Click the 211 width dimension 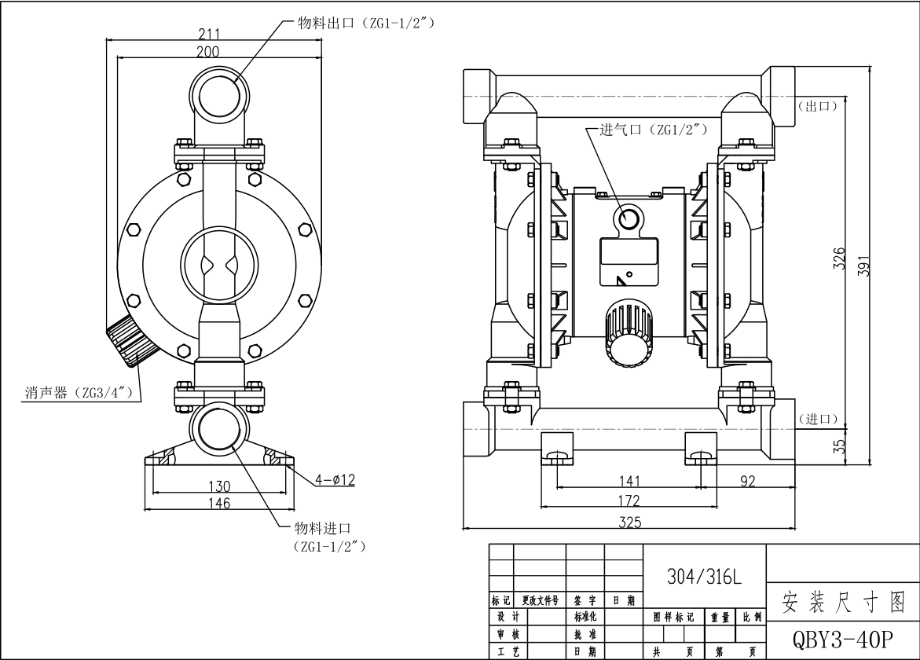[208, 34]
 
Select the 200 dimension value [208, 52]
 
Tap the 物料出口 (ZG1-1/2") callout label [365, 23]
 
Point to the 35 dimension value [839, 446]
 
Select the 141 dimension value [629, 481]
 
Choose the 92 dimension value [747, 481]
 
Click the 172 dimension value [629, 500]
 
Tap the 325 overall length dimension [629, 522]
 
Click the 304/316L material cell [703, 577]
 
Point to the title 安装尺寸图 [842, 603]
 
